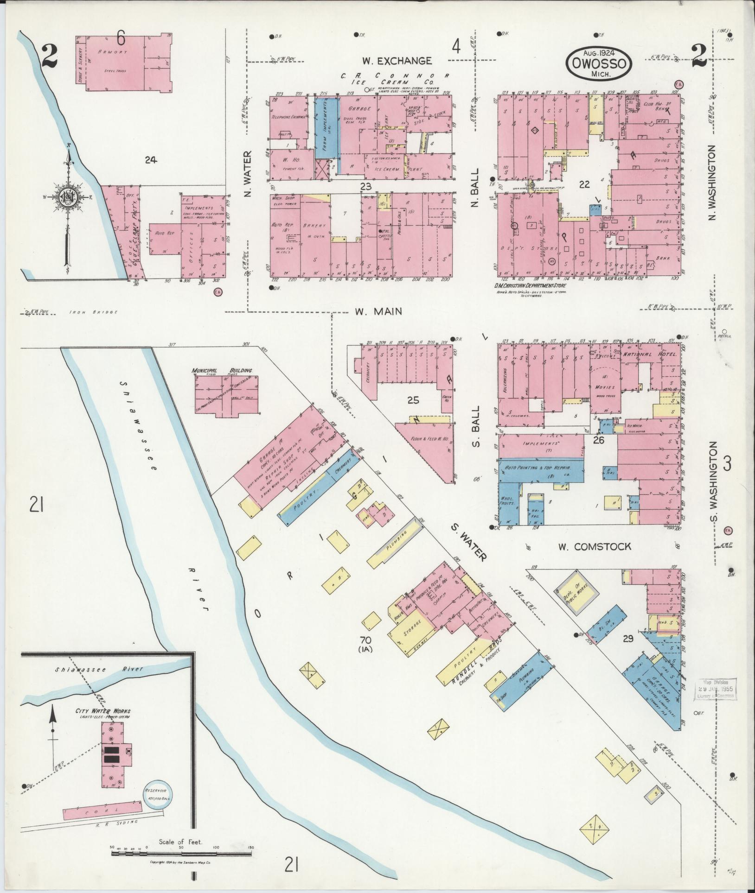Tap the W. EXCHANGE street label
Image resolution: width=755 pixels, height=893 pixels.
tap(397, 61)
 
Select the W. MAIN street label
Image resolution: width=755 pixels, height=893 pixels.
tap(378, 312)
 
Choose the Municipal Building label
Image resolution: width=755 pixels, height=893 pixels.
tap(222, 371)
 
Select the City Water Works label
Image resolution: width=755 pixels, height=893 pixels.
tap(103, 724)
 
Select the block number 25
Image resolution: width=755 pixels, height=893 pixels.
tap(413, 399)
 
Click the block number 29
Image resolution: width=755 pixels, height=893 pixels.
tap(627, 639)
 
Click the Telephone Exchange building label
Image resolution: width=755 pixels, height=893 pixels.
tap(288, 117)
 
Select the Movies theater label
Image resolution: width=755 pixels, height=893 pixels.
tap(605, 387)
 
